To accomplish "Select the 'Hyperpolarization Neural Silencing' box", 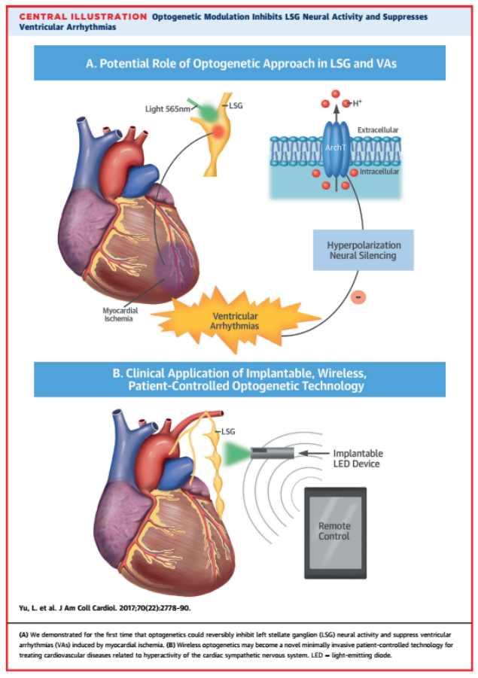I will point(364,251).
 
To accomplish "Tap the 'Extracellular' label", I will point(378,130).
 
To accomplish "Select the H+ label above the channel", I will point(358,102).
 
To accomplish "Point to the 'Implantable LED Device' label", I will point(358,459).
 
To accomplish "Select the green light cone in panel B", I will point(240,453).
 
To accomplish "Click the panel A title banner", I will point(239,63).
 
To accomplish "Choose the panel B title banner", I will point(239,379).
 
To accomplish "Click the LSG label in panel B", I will point(229,431).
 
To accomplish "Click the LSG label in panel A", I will point(236,106).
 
